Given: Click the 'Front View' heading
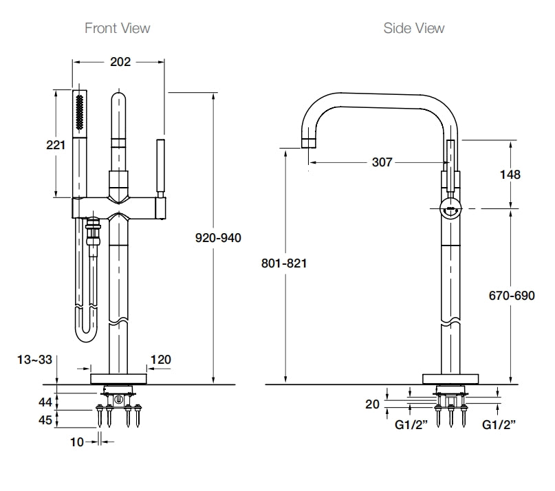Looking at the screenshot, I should point(117,28).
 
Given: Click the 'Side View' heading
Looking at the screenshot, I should point(414,28).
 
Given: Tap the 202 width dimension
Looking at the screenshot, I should point(120,62).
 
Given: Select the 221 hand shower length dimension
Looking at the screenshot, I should point(56,145).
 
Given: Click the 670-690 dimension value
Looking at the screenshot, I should point(511,296).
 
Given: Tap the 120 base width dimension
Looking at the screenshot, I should point(160,359).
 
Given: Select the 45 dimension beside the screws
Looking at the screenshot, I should point(45,419).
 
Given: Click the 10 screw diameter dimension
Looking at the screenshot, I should point(76,442).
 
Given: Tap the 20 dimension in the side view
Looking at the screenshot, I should point(372,405).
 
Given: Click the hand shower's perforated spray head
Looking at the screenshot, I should point(80,113).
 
